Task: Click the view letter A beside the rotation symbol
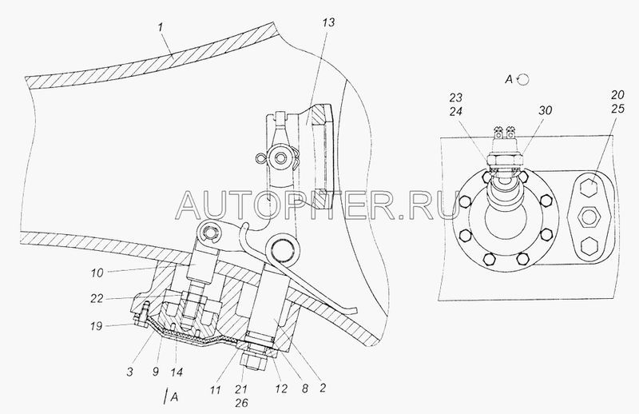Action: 508,78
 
